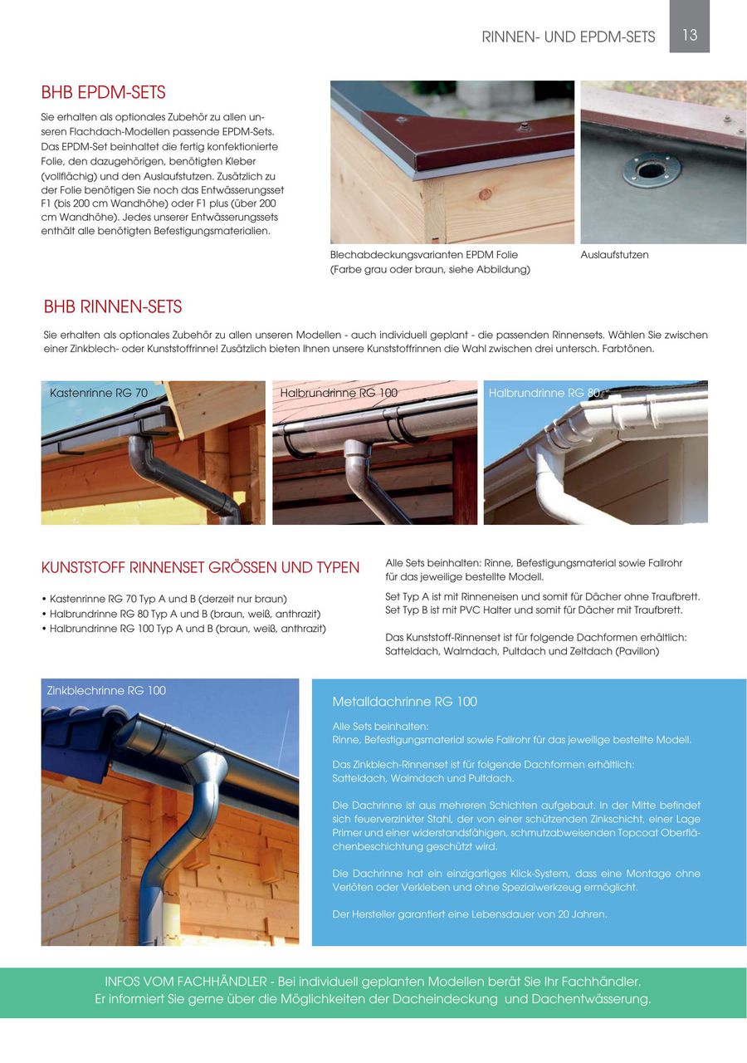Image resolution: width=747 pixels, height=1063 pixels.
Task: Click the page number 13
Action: tap(690, 35)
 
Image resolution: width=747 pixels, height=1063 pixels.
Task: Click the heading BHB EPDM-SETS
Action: tap(104, 92)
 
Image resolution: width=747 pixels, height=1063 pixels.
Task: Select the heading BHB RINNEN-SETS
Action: tap(113, 307)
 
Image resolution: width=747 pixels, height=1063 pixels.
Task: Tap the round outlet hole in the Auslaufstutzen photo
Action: tap(652, 170)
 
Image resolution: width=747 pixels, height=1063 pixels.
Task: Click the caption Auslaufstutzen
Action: tap(615, 255)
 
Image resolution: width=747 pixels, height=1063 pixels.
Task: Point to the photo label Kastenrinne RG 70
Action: tap(99, 392)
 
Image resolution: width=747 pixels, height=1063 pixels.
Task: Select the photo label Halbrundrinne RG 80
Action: tap(544, 393)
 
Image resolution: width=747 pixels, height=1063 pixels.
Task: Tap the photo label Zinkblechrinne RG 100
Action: tap(106, 690)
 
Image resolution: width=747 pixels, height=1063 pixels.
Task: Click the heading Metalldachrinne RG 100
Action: tap(405, 702)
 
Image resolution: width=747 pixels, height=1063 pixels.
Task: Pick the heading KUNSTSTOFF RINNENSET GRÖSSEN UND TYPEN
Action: tap(200, 568)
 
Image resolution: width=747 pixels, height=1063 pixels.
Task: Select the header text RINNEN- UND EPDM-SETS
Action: tap(569, 37)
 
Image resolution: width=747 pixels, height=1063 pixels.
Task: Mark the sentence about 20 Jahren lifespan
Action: tap(470, 914)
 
